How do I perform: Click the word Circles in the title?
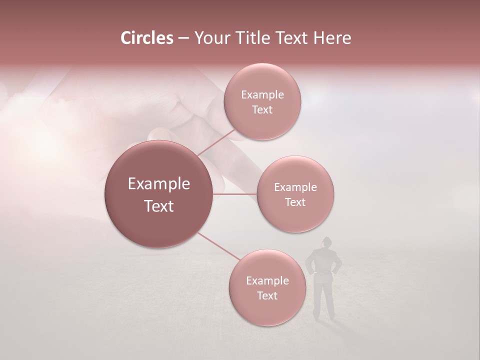(x=146, y=38)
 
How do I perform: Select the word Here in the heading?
(x=332, y=38)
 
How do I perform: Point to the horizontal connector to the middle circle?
(x=235, y=194)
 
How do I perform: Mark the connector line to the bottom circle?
(x=218, y=246)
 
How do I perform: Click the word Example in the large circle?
(x=159, y=184)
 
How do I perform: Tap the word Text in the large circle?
(x=159, y=206)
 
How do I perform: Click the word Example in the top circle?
(x=262, y=95)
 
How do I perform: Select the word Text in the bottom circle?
(x=267, y=295)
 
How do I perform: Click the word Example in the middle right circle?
(x=295, y=187)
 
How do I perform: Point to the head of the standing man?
(x=325, y=242)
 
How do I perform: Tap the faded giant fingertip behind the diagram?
(x=160, y=134)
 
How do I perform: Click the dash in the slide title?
(x=183, y=38)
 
